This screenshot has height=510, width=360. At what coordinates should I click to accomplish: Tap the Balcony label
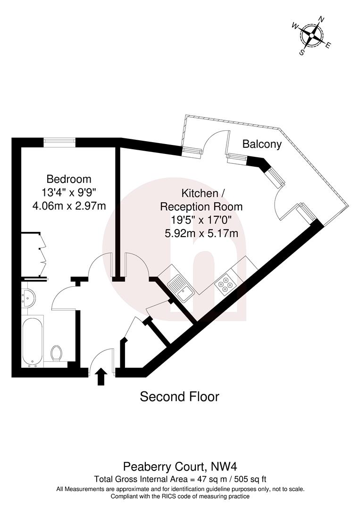tap(262, 144)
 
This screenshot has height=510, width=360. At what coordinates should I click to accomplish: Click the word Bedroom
tap(68, 179)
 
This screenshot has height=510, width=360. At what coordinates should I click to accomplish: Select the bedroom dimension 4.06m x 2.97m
tap(68, 205)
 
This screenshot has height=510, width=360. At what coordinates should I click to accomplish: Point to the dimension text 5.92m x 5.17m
tap(201, 233)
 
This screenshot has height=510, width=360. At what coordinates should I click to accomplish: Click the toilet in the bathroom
tap(56, 352)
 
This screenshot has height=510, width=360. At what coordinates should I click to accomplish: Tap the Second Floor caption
tap(179, 397)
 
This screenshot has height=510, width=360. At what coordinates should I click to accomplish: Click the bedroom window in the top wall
tap(60, 140)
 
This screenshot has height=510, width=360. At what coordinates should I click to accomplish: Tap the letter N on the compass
tap(322, 20)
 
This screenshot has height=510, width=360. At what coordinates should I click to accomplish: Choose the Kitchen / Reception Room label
tap(201, 200)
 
